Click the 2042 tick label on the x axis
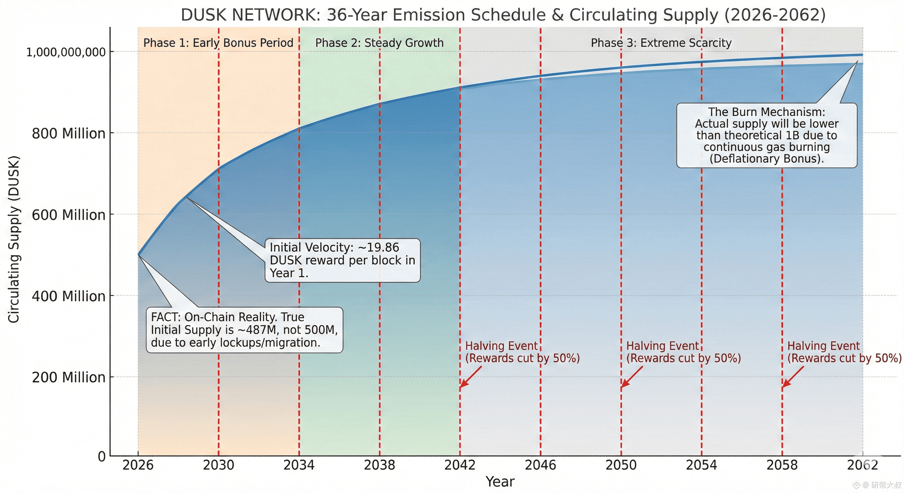tap(460, 465)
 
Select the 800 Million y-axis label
tap(68, 134)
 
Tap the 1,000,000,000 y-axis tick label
tap(65, 52)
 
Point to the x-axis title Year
tap(500, 482)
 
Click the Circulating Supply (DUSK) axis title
tap(14, 239)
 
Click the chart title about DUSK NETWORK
tap(503, 15)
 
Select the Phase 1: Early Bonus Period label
tap(218, 43)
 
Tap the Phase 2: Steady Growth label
tap(379, 43)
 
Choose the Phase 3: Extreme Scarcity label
tap(661, 43)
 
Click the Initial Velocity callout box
tap(343, 260)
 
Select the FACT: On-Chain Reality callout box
tap(244, 330)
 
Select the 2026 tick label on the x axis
tap(138, 465)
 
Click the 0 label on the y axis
tap(101, 456)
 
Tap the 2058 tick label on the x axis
tap(782, 465)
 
